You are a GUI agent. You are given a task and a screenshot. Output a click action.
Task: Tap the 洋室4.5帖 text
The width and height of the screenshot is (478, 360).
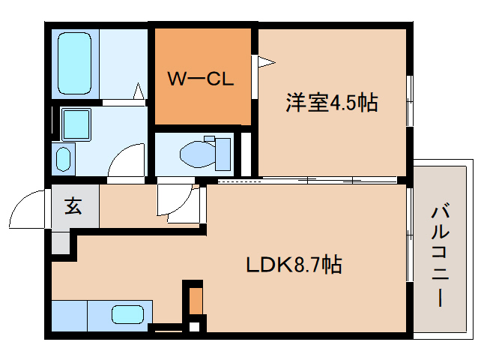pos(330,103)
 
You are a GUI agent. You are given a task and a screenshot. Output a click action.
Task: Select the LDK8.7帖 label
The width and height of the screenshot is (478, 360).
pos(294,264)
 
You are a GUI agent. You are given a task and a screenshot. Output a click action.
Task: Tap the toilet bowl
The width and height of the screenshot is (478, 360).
pos(198,153)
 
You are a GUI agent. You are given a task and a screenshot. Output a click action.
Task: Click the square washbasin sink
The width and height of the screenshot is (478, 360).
pos(75,123)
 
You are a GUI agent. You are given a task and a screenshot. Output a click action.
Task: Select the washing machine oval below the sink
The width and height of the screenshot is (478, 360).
pos(64,158)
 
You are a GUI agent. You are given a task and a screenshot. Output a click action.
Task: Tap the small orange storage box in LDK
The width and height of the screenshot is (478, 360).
pos(195,300)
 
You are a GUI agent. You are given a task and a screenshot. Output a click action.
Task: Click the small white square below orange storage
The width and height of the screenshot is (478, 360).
pos(194,325)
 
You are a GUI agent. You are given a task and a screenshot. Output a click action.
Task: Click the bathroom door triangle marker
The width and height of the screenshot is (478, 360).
pos(139,92)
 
